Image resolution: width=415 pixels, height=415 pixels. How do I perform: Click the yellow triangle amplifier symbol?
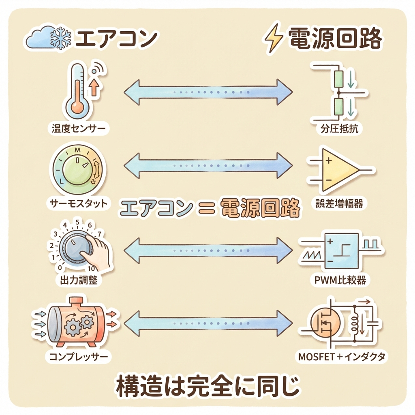(339, 169)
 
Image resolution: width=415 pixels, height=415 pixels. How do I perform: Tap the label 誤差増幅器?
(339, 203)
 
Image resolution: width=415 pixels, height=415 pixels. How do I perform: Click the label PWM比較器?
(340, 280)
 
